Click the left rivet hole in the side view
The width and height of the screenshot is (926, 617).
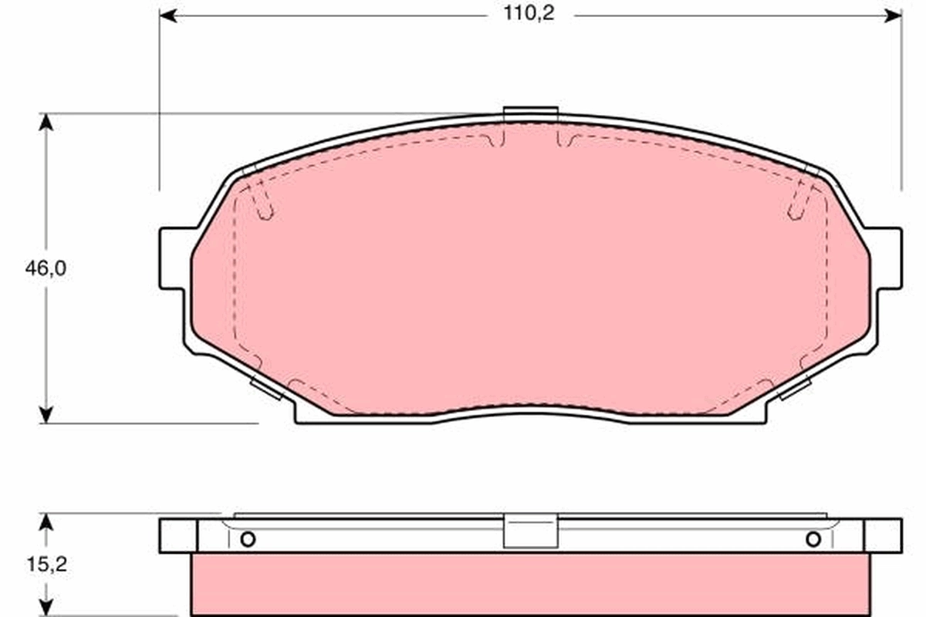[x=247, y=539]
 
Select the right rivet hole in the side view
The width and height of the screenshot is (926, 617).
[x=813, y=539]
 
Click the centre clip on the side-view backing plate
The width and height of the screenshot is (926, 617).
[x=530, y=531]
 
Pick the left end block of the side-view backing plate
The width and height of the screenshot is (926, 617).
[x=178, y=535]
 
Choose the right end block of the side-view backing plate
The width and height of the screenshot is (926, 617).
[x=882, y=535]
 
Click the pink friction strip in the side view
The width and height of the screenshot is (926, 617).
[x=530, y=584]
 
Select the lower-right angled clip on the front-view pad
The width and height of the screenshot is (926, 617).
[x=794, y=388]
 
